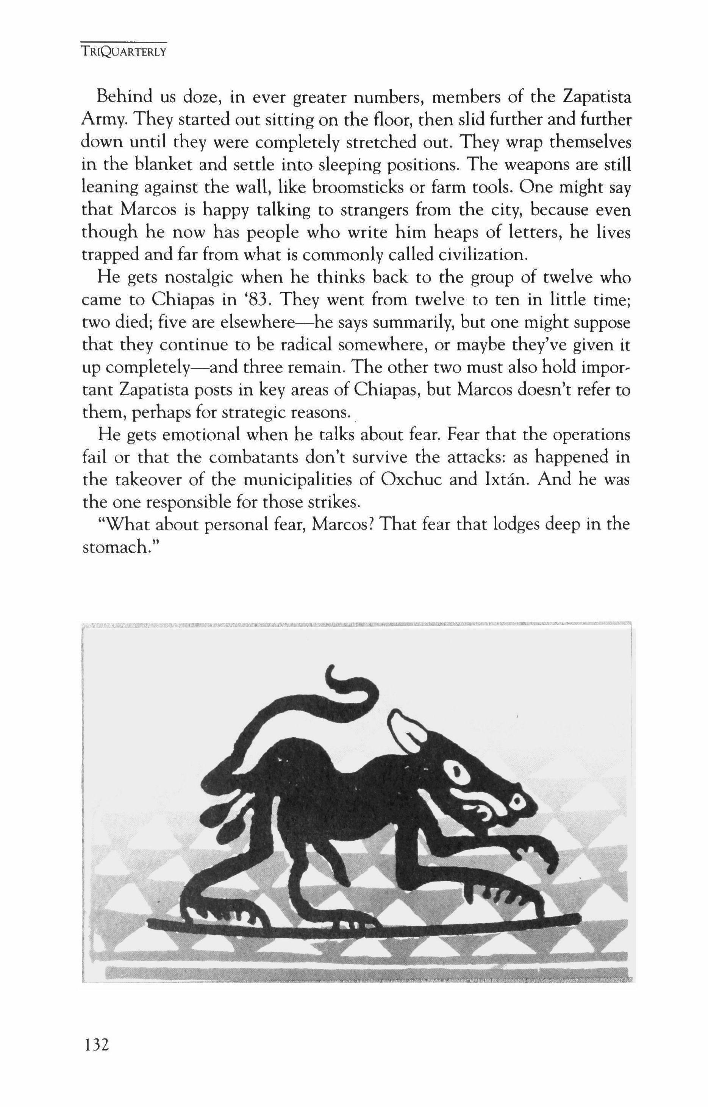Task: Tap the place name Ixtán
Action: [505, 480]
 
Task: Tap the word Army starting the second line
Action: [102, 121]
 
